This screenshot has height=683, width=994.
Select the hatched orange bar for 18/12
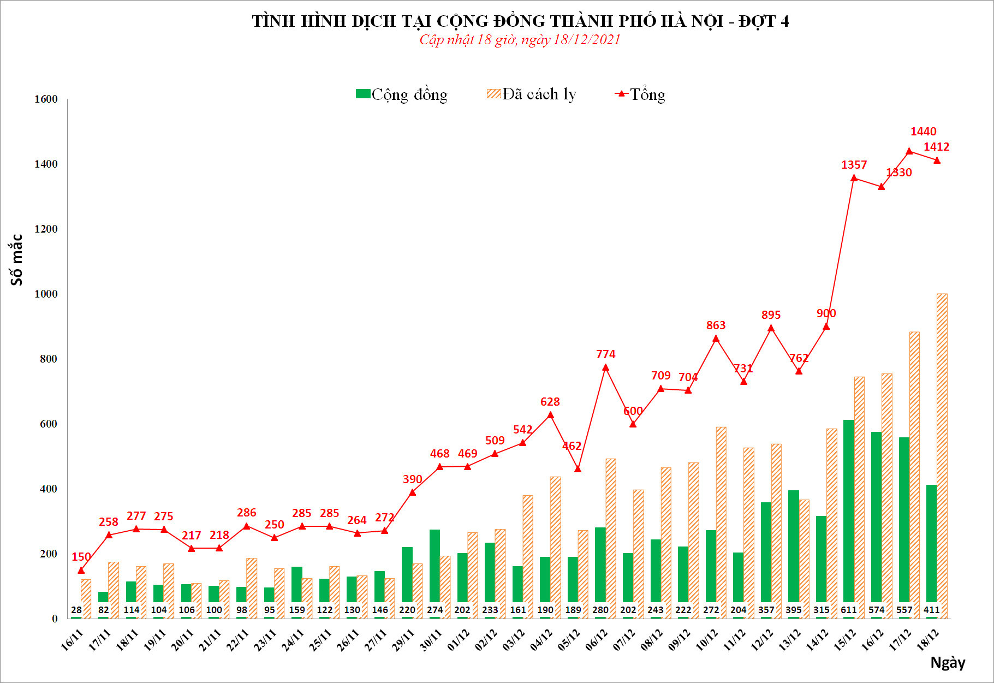coord(942,453)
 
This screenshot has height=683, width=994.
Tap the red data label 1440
coord(923,132)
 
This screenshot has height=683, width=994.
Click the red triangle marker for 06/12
coord(605,367)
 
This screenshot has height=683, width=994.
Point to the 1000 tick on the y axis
coord(46,294)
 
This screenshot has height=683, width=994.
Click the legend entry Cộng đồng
coord(402,94)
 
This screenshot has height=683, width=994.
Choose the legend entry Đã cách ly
coord(532,94)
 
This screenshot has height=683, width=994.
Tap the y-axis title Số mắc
coord(17,260)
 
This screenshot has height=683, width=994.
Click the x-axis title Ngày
coord(948,663)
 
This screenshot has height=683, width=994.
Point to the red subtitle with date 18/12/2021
coord(520,40)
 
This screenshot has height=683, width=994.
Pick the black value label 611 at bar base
coord(849,610)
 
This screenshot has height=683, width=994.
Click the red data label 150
coord(81,557)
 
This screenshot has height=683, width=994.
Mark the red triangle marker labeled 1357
coord(854,178)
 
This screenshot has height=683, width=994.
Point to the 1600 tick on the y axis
coord(46,99)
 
